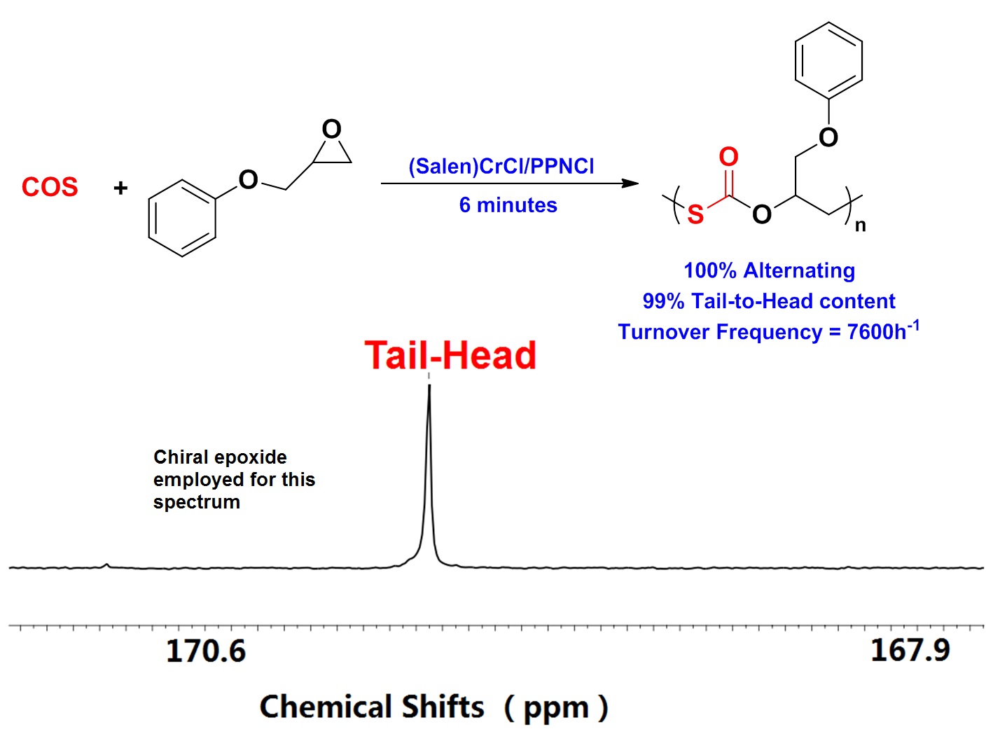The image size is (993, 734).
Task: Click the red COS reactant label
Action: click(50, 187)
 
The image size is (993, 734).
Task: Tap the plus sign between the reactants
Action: click(120, 188)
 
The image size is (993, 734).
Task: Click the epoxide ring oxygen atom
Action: click(331, 130)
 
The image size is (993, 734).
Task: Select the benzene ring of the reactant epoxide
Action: click(182, 218)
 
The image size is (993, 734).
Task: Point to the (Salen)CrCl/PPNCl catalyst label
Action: click(501, 166)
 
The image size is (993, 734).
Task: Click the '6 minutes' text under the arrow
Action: click(508, 205)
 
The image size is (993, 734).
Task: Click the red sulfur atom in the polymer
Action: click(695, 214)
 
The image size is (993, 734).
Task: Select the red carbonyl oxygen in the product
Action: click(728, 157)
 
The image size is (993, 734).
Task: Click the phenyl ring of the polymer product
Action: click(828, 60)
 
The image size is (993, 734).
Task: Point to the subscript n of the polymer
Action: click(861, 226)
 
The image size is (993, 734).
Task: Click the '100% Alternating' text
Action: click(769, 270)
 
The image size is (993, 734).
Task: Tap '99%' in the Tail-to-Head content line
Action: click(663, 301)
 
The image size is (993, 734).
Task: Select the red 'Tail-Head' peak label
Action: click(450, 355)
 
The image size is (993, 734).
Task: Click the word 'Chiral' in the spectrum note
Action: click(180, 457)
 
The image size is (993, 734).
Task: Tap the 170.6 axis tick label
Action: click(206, 651)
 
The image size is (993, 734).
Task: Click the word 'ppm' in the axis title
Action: click(556, 708)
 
